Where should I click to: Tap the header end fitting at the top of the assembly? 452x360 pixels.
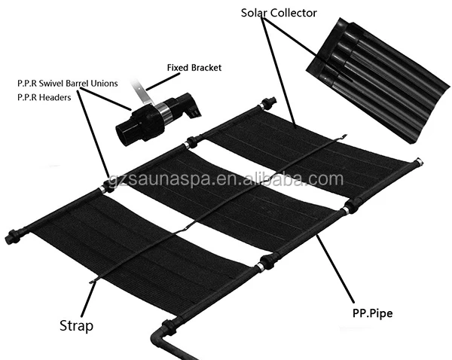point(270,102)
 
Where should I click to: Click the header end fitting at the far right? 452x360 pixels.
point(415,163)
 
